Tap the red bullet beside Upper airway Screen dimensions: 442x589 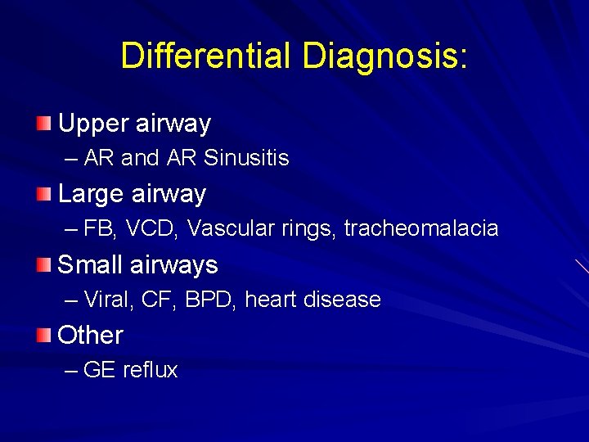[x=43, y=124]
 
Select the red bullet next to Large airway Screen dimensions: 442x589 [x=43, y=194]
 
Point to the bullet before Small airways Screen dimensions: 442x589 [x=43, y=264]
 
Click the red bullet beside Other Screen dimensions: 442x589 [x=43, y=335]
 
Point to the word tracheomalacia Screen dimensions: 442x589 [x=420, y=228]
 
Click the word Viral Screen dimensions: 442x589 [x=108, y=300]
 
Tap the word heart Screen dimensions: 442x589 [x=272, y=300]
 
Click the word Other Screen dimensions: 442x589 [x=90, y=336]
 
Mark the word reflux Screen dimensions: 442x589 [x=150, y=370]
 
